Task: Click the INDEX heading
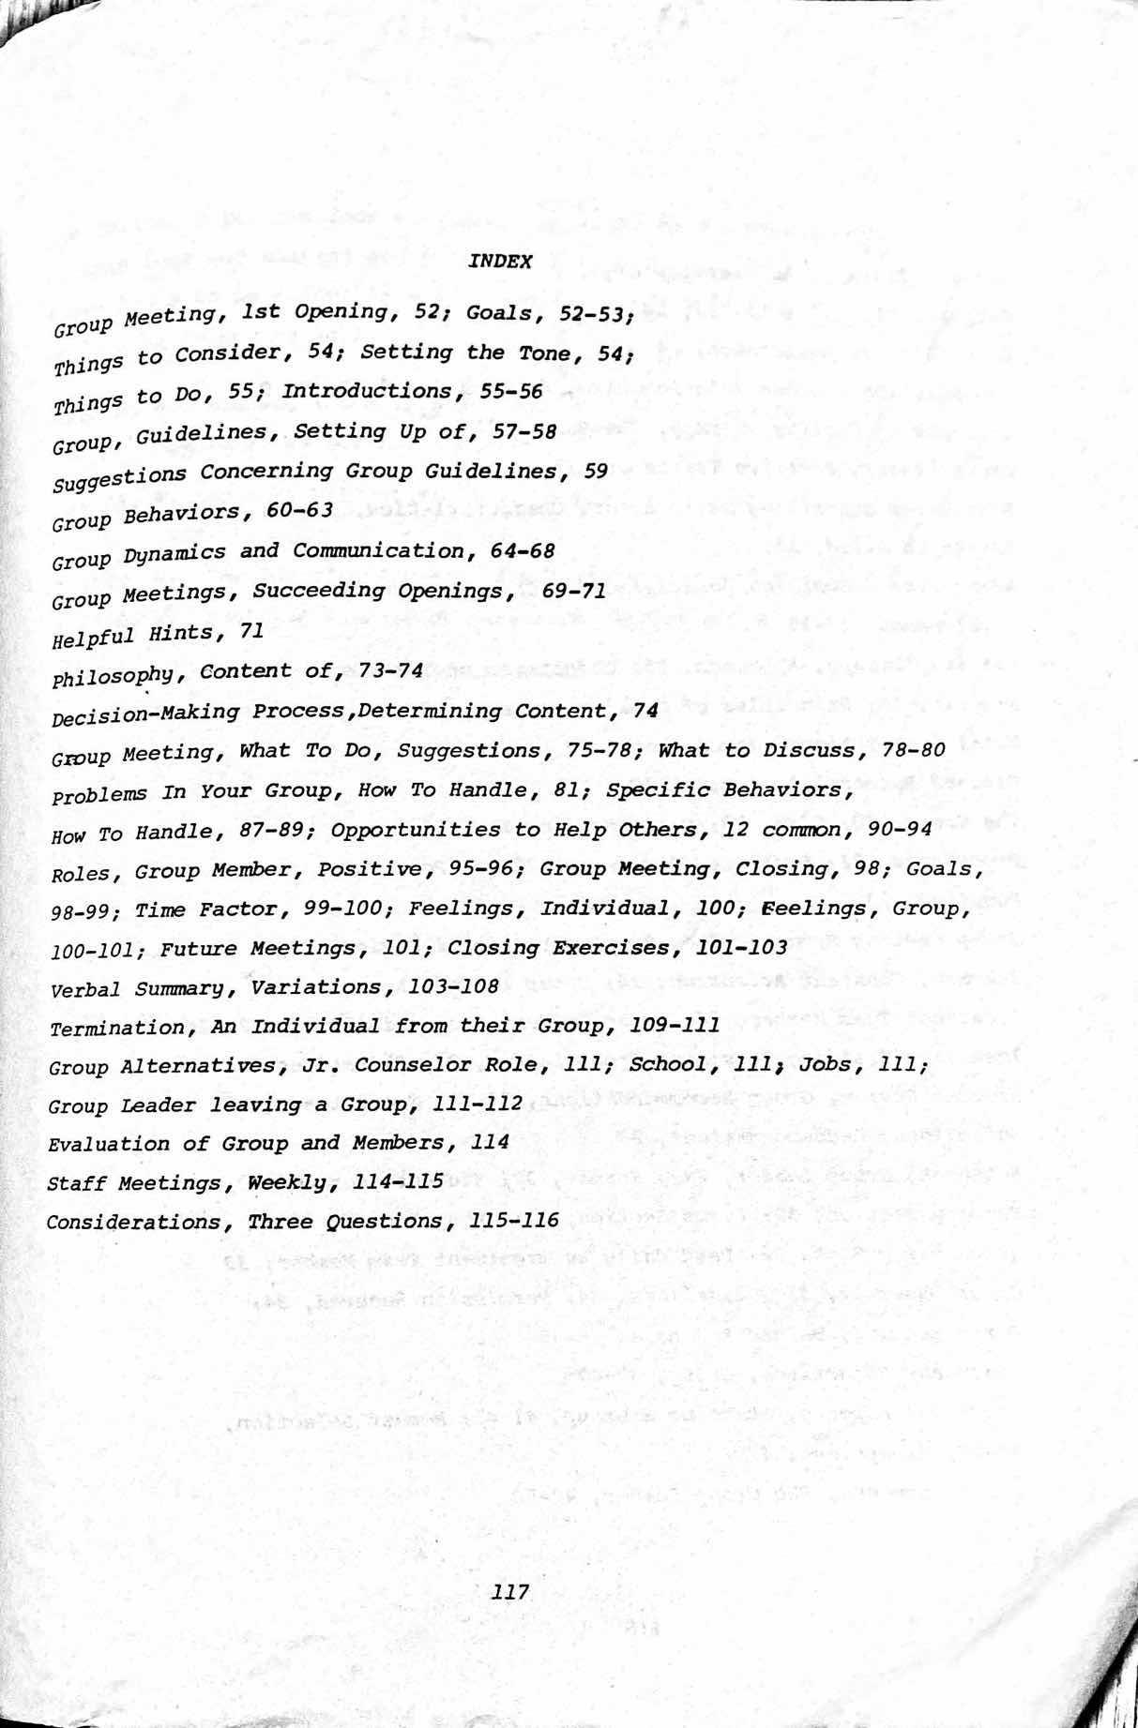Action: [500, 262]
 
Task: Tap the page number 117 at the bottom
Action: [510, 1591]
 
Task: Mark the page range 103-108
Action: [455, 986]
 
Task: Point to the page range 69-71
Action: [574, 591]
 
